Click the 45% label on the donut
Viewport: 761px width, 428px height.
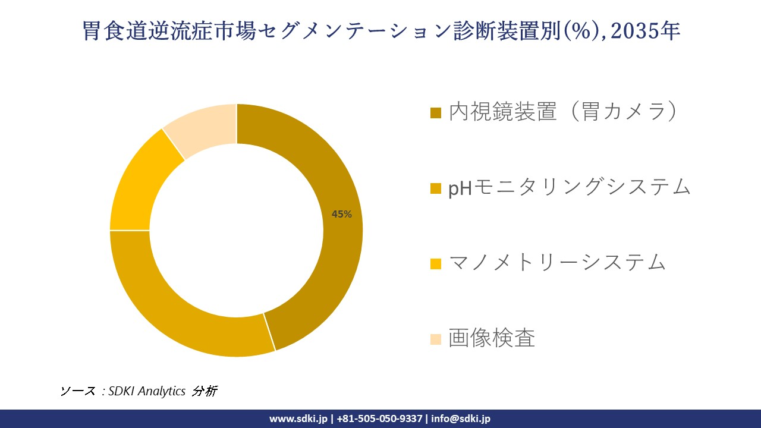coord(342,215)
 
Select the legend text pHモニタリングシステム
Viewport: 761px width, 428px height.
coord(569,187)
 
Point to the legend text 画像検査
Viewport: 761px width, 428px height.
coord(492,338)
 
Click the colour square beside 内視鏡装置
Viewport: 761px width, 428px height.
coord(436,113)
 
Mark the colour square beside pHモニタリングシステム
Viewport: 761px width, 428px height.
coord(436,188)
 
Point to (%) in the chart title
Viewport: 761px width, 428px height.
coord(579,32)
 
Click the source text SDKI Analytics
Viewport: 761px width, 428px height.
coord(147,391)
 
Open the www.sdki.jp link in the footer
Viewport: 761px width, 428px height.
coord(298,418)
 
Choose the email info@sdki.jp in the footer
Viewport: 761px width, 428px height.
coord(460,418)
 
